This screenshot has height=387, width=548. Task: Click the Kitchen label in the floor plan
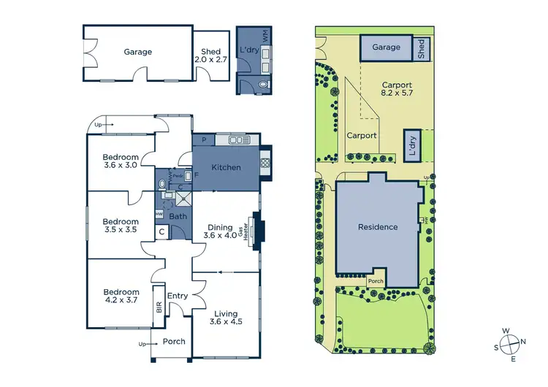[226, 168]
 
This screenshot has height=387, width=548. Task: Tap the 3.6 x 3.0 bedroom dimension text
[121, 165]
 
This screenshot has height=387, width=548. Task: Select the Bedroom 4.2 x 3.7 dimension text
[121, 300]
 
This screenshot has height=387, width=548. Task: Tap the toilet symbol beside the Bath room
[161, 185]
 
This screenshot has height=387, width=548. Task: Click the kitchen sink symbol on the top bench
[238, 139]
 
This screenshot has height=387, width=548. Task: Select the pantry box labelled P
[203, 139]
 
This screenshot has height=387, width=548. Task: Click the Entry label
[178, 296]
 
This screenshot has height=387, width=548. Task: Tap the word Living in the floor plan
[226, 314]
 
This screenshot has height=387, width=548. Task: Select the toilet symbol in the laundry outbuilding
[263, 85]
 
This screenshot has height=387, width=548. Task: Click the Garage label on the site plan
[387, 47]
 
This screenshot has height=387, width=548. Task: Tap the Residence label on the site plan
[378, 227]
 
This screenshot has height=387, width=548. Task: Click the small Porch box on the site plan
[376, 280]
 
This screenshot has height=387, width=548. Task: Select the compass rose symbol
[509, 342]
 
